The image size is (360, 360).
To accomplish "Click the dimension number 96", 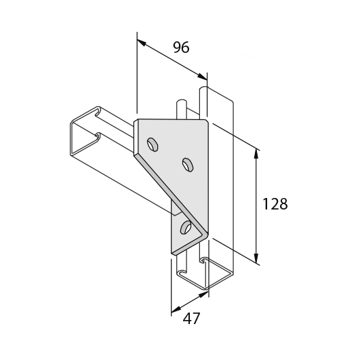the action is [x=181, y=47].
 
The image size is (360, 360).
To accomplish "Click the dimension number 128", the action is [x=275, y=204].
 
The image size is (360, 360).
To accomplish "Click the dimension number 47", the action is [x=191, y=319].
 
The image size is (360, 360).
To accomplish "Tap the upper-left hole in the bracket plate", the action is [x=153, y=144].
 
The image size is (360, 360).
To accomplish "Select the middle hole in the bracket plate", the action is [x=188, y=165].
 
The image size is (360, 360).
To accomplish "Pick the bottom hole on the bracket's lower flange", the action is [x=185, y=227].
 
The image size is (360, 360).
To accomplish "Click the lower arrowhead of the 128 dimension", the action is [x=257, y=258].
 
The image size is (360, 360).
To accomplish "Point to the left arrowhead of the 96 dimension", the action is [x=142, y=42].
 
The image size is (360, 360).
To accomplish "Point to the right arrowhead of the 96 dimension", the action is [x=203, y=77].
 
